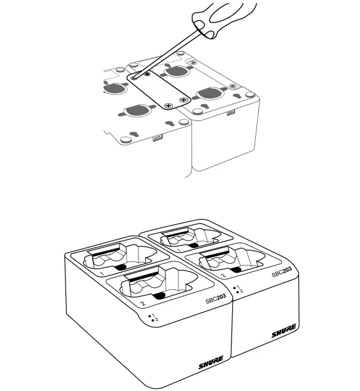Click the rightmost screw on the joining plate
(x=183, y=99)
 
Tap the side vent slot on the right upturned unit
(x=231, y=113)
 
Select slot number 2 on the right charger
(x=223, y=275)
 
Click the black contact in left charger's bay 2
(x=160, y=296)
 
